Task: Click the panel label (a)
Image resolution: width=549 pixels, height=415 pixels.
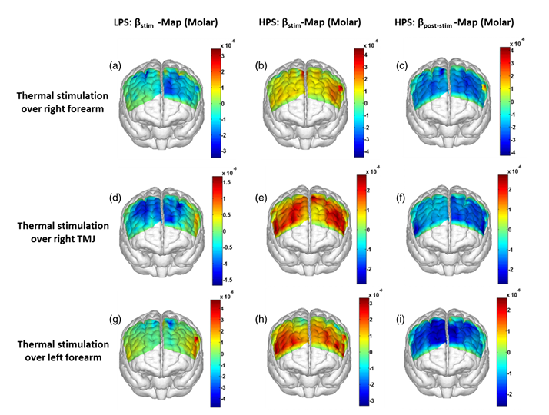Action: pyautogui.click(x=115, y=66)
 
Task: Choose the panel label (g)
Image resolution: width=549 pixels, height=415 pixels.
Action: pyautogui.click(x=115, y=320)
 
